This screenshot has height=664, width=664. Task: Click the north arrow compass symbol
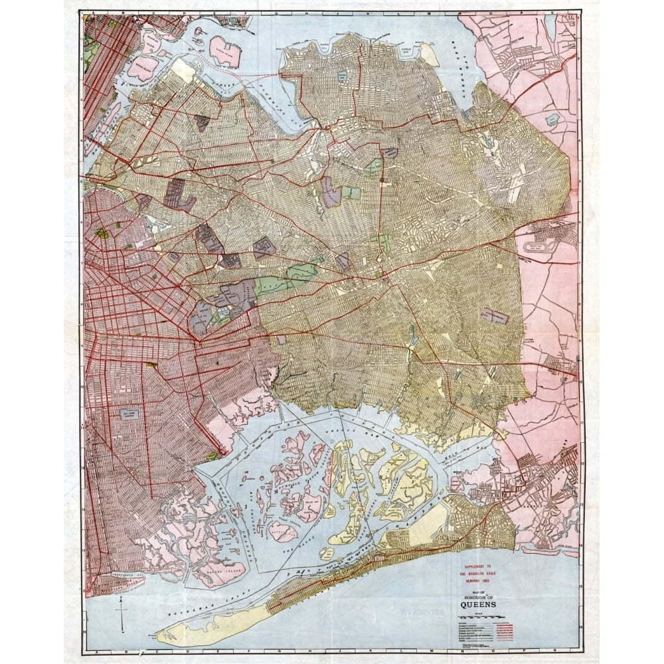pos(121,611)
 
